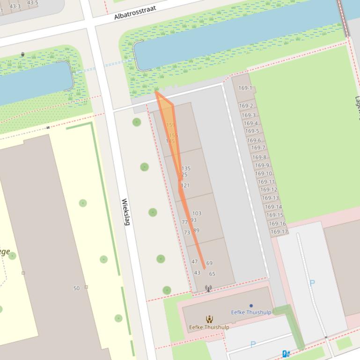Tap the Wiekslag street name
tap(125, 212)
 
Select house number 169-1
tap(245, 88)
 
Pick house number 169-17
tap(279, 231)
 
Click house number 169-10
tap(263, 173)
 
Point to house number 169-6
tap(254, 140)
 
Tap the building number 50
tap(76, 288)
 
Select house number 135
tap(186, 168)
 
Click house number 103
tap(197, 214)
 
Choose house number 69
tap(209, 263)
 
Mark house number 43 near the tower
tap(197, 273)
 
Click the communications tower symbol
tap(208, 288)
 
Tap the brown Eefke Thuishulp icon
tap(209, 319)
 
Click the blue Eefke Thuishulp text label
tap(251, 312)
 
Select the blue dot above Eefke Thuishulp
tap(251, 306)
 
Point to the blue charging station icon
tap(286, 354)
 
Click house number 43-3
tap(15, 6)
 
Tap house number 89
tap(196, 230)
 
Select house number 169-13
tap(270, 198)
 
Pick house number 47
tap(195, 262)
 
